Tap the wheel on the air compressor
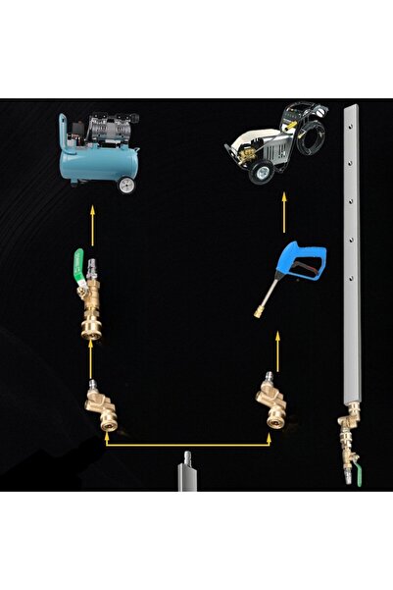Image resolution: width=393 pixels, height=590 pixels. click(x=126, y=185)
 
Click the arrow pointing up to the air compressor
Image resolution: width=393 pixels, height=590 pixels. click(x=93, y=222)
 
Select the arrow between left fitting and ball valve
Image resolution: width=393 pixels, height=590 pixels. click(x=93, y=354)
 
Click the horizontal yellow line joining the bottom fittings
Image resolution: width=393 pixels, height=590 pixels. click(x=185, y=445)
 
